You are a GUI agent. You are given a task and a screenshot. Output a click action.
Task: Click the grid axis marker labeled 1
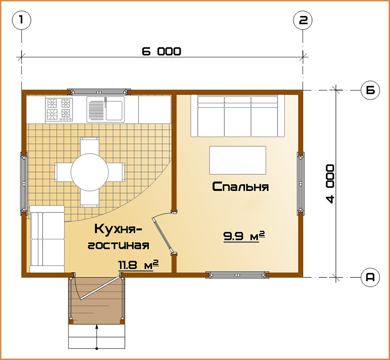tap(22, 20)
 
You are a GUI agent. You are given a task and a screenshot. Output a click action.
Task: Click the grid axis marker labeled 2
tap(303, 20)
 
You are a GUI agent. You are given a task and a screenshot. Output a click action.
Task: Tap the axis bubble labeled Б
tap(370, 90)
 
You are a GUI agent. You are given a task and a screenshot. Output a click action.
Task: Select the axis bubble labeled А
tap(370, 277)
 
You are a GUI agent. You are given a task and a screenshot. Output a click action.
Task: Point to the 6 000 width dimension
tap(162, 51)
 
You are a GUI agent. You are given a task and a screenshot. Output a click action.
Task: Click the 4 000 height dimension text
tap(330, 184)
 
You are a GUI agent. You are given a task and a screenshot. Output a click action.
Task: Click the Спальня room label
tap(240, 187)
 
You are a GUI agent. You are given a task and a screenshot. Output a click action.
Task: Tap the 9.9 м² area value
tap(244, 236)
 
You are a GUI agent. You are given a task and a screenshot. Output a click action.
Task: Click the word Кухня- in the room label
tap(118, 229)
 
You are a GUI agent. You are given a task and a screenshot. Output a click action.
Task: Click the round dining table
tap(89, 172)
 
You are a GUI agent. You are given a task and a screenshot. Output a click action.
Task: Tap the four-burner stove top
tap(59, 110)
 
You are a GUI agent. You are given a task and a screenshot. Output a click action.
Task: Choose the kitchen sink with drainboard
tap(106, 110)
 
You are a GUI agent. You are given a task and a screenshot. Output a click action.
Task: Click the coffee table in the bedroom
tap(238, 160)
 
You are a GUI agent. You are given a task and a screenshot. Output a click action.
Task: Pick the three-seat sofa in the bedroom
tap(238, 116)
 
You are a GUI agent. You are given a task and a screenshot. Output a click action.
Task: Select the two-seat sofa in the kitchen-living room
tap(47, 239)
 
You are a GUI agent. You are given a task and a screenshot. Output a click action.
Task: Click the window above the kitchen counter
tap(99, 92)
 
